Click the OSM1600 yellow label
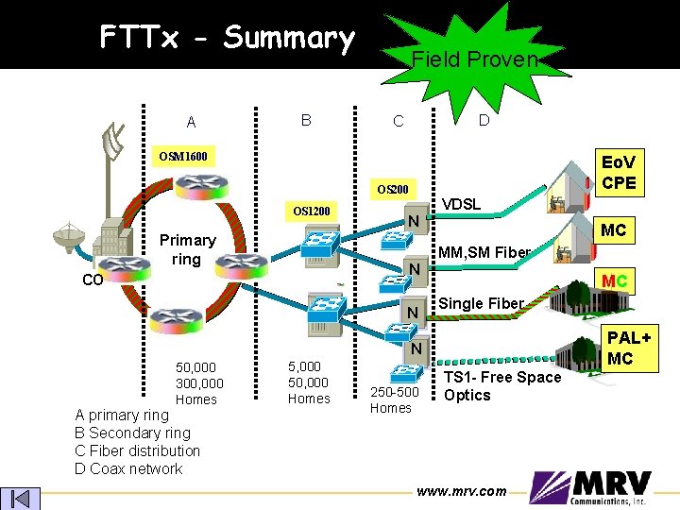click(x=183, y=156)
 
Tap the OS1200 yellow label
click(x=312, y=212)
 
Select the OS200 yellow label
click(x=393, y=190)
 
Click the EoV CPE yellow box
click(x=620, y=173)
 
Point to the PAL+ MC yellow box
click(x=629, y=348)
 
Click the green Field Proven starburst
click(x=475, y=60)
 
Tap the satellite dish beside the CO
click(x=69, y=237)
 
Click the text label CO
click(x=93, y=280)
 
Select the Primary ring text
click(x=187, y=249)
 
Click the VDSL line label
click(x=461, y=204)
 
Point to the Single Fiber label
click(x=481, y=303)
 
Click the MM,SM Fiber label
click(x=484, y=252)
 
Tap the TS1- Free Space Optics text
click(x=502, y=386)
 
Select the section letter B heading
click(x=306, y=120)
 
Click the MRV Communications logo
click(x=590, y=487)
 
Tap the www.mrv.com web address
click(x=462, y=491)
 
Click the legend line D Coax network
click(x=128, y=468)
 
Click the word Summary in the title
click(x=289, y=39)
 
